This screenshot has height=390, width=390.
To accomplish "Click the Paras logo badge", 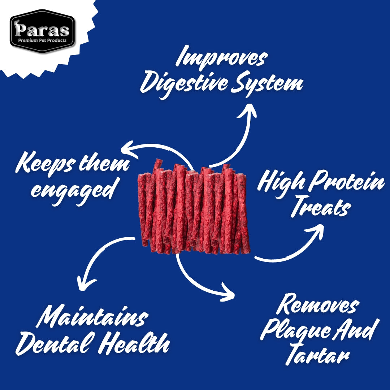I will click(x=42, y=31).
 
